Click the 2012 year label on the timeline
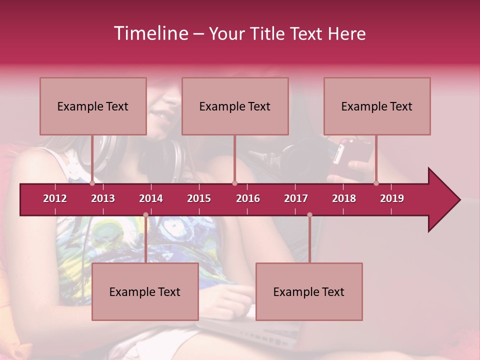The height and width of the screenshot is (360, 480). coord(55,198)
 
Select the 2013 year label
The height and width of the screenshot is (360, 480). coord(103,198)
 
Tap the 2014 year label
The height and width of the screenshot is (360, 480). coord(151,198)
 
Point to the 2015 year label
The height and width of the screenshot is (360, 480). coord(199,198)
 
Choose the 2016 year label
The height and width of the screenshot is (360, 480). coord(248,198)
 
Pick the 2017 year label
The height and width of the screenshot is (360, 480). coord(296,198)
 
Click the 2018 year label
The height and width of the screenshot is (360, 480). coord(344,198)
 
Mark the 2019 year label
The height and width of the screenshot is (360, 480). coord(392,198)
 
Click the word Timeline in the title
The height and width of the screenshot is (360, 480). coord(150,33)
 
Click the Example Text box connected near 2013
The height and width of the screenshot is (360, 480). coord(93,106)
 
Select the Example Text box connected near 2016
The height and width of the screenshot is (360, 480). coord(235,106)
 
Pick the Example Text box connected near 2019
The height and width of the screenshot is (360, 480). coord(377,106)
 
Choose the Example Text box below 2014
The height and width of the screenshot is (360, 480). coord(145,291)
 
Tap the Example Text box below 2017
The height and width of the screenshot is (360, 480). coord(309,291)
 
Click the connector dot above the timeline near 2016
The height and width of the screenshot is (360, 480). coord(234,183)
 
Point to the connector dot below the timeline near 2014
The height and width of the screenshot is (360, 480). coord(145,215)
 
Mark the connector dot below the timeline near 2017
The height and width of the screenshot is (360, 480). coord(309,215)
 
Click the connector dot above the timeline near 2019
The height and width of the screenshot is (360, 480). coord(376,183)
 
